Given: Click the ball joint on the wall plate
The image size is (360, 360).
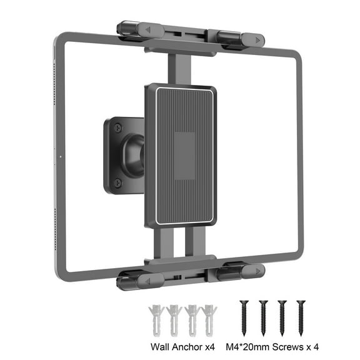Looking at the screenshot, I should coord(134,153).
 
